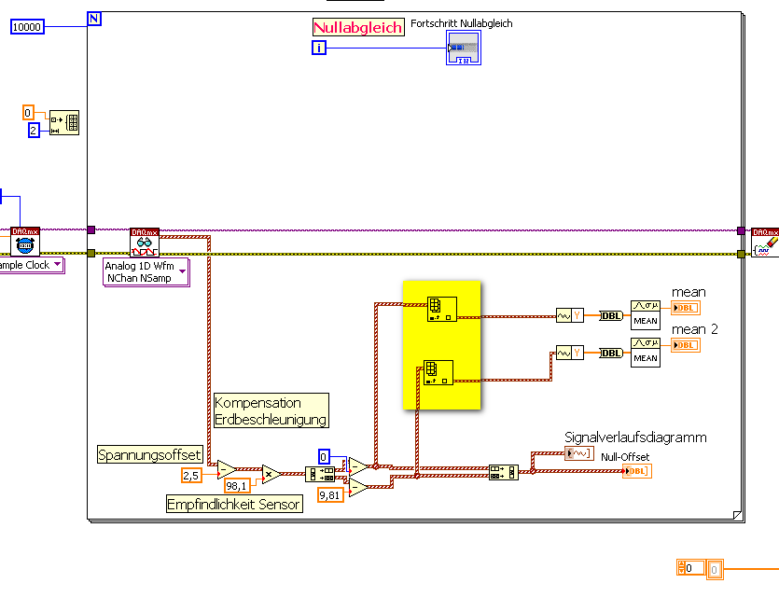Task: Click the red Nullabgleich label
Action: pyautogui.click(x=358, y=27)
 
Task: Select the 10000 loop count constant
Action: pyautogui.click(x=27, y=27)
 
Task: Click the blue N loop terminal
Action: pyautogui.click(x=93, y=18)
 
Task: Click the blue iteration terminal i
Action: pyautogui.click(x=319, y=48)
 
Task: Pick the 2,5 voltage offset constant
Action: pyautogui.click(x=191, y=476)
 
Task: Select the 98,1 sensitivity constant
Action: pyautogui.click(x=237, y=486)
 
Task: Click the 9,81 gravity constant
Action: pyautogui.click(x=330, y=494)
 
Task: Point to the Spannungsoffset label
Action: pyautogui.click(x=150, y=454)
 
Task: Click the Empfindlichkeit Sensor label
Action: pyautogui.click(x=234, y=505)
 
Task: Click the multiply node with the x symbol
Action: pyautogui.click(x=271, y=474)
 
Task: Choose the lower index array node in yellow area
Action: pyautogui.click(x=438, y=371)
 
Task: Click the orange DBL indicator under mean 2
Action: pyautogui.click(x=685, y=345)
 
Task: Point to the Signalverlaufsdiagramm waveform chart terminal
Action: pyautogui.click(x=577, y=453)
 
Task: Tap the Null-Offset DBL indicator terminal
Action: pyautogui.click(x=636, y=470)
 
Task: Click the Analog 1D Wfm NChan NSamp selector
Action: pyautogui.click(x=145, y=271)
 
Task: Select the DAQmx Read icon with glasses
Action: pyautogui.click(x=145, y=243)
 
